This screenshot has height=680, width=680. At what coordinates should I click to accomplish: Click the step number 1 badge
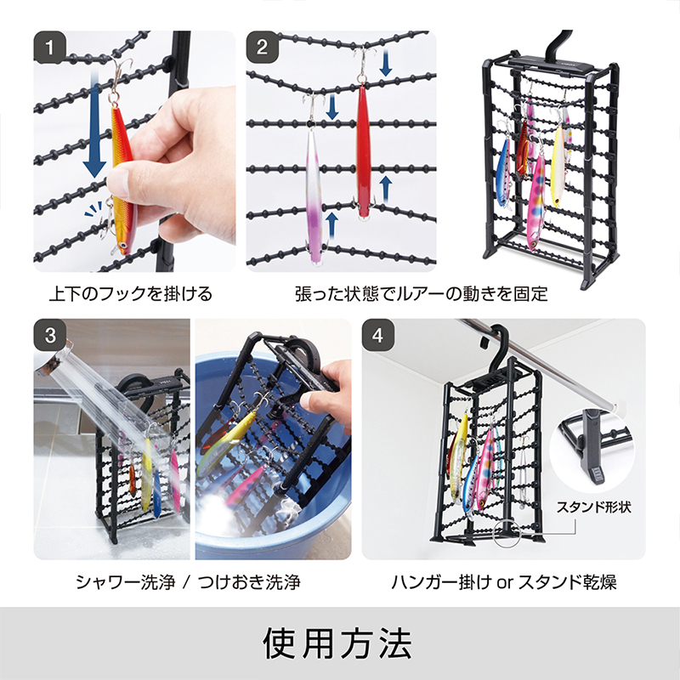pos(54,48)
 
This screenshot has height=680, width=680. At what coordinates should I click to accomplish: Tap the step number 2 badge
pos(263,48)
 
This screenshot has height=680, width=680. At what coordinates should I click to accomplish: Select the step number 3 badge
pos(54,335)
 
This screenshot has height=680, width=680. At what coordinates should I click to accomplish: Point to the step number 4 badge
pos(380,335)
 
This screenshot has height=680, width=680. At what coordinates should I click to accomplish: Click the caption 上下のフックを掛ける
pos(130,294)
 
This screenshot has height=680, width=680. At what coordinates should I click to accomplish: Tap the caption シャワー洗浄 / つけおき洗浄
pos(188,582)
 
